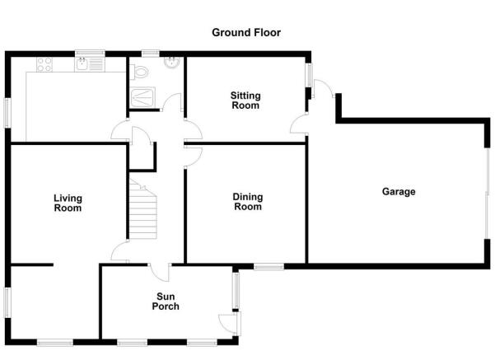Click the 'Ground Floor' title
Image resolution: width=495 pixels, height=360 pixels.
[x=246, y=32]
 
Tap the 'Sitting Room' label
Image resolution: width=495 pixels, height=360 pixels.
[x=245, y=101]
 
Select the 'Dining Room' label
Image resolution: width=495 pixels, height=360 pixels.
[x=248, y=202]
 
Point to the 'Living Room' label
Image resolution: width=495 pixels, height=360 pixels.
[x=68, y=203]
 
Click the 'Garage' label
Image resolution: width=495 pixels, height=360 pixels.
[x=399, y=192]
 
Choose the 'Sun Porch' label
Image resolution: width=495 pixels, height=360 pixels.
[x=166, y=302]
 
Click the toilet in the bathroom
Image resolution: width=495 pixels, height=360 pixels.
[x=139, y=72]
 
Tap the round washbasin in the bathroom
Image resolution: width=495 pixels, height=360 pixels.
[x=172, y=63]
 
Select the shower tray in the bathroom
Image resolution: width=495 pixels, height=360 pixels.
[x=143, y=98]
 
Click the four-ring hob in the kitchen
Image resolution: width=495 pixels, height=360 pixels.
[x=44, y=64]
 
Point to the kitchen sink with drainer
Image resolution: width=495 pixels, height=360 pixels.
[x=89, y=64]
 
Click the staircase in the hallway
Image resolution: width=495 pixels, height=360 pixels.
[x=142, y=209]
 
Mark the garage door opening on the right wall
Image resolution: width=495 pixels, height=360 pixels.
[x=488, y=194]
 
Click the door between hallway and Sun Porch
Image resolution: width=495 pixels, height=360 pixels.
[x=160, y=272]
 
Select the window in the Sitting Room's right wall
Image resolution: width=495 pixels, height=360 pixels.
[x=309, y=75]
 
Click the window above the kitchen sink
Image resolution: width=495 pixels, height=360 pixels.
[x=90, y=54]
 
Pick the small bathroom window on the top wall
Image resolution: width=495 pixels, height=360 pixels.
[x=150, y=54]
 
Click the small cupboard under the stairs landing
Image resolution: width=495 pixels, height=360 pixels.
[x=142, y=157]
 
